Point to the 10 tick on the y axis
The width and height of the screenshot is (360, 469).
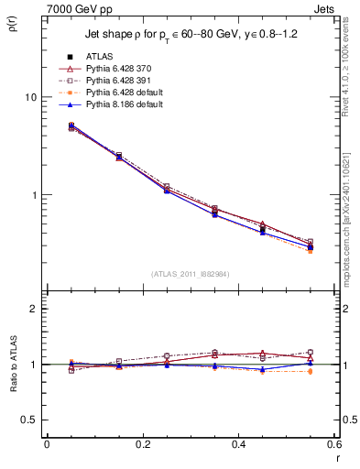(30, 97)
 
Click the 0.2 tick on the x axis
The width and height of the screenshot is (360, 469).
(142, 444)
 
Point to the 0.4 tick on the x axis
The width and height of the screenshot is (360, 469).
(239, 444)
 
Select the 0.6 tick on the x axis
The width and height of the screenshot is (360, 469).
(334, 444)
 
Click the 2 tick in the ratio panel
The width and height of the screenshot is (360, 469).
(34, 309)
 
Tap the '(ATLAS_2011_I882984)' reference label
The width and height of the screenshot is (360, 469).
(191, 274)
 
